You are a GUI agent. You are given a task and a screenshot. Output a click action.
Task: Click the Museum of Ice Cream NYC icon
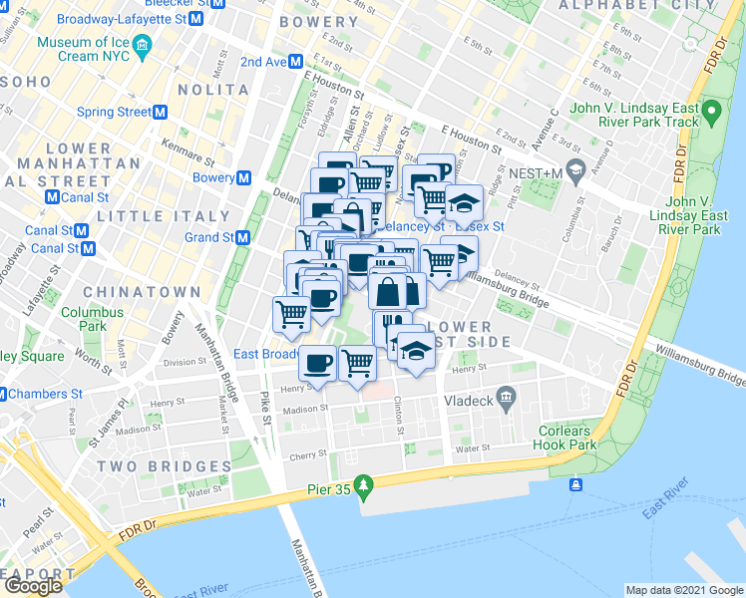click(142, 45)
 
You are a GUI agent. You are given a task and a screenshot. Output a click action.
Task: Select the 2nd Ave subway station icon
click(297, 62)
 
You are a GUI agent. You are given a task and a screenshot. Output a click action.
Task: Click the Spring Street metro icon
click(159, 113)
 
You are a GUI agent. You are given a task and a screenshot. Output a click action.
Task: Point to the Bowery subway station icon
click(243, 177)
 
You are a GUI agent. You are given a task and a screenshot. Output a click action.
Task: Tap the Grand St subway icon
click(242, 238)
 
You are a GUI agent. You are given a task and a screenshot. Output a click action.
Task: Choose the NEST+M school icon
click(574, 172)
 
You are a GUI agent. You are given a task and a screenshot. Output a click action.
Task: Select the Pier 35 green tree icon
click(365, 484)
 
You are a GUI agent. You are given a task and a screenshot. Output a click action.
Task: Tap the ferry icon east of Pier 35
click(576, 485)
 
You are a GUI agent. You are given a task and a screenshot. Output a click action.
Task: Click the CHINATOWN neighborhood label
click(129, 291)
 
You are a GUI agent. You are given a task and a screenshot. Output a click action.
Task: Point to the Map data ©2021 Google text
click(683, 590)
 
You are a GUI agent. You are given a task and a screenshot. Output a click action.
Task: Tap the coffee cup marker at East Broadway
click(318, 363)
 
